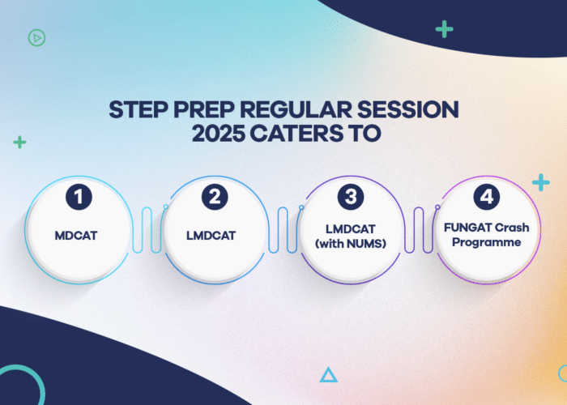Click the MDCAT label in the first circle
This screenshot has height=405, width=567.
78,236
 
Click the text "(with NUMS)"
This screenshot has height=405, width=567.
351,242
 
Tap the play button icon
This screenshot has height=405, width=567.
36,36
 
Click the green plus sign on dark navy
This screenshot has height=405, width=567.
444,29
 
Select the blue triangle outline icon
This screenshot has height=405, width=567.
328,374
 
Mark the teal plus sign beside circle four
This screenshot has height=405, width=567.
541,182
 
